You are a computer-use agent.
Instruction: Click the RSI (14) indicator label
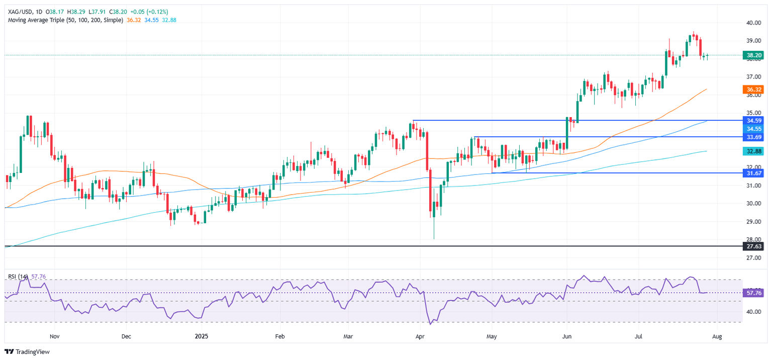(18, 277)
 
